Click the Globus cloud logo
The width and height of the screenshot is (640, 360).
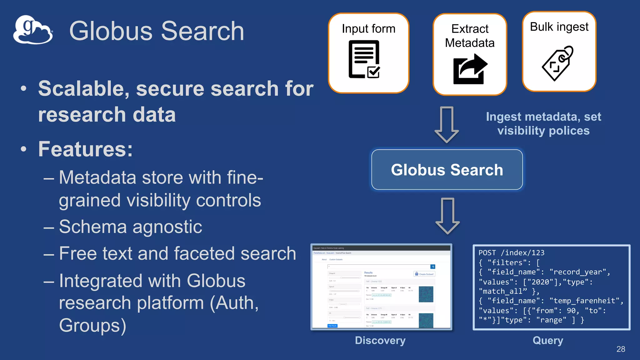[33, 30]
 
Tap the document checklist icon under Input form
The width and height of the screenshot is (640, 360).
[364, 59]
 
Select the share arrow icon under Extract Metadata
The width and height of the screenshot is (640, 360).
[470, 69]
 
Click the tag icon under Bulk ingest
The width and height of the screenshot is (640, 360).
[558, 63]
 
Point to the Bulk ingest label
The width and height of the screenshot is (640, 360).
[559, 27]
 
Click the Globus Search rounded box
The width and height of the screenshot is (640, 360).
[447, 170]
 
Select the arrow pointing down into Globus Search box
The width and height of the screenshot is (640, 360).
[447, 124]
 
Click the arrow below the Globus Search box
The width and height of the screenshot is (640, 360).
[447, 216]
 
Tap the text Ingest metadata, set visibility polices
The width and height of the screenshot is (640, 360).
[543, 123]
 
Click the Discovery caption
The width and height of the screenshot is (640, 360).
[380, 340]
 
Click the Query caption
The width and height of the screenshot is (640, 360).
[548, 340]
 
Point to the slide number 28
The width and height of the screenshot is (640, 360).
[621, 349]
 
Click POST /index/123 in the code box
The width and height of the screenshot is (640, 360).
[511, 253]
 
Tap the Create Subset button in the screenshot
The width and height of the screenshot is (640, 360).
[424, 274]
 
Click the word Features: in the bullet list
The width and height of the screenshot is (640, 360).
[85, 149]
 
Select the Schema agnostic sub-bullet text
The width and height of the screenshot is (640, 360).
[130, 227]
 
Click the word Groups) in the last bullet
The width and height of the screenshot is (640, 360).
[92, 325]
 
